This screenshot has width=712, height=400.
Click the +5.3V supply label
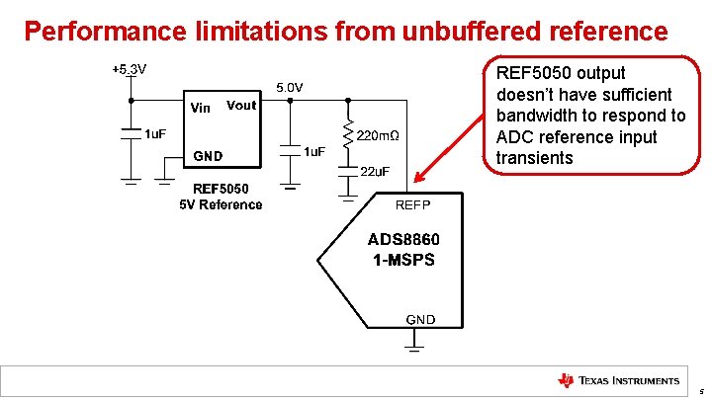[129, 70]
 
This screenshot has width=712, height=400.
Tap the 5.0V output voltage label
[290, 88]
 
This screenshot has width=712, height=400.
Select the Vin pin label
[200, 109]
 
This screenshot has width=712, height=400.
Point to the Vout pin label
[241, 106]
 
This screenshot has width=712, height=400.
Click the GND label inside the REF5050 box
[208, 156]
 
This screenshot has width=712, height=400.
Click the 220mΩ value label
[378, 135]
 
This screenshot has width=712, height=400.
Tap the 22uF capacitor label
[374, 171]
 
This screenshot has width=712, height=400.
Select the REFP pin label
[412, 204]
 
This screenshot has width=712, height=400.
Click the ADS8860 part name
[403, 240]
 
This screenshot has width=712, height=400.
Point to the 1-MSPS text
[403, 260]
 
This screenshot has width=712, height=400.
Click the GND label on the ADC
[419, 319]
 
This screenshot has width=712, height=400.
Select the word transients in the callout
[534, 158]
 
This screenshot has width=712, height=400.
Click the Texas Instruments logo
[619, 380]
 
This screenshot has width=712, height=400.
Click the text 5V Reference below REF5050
[221, 204]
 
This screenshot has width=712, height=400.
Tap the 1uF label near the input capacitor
[156, 133]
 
